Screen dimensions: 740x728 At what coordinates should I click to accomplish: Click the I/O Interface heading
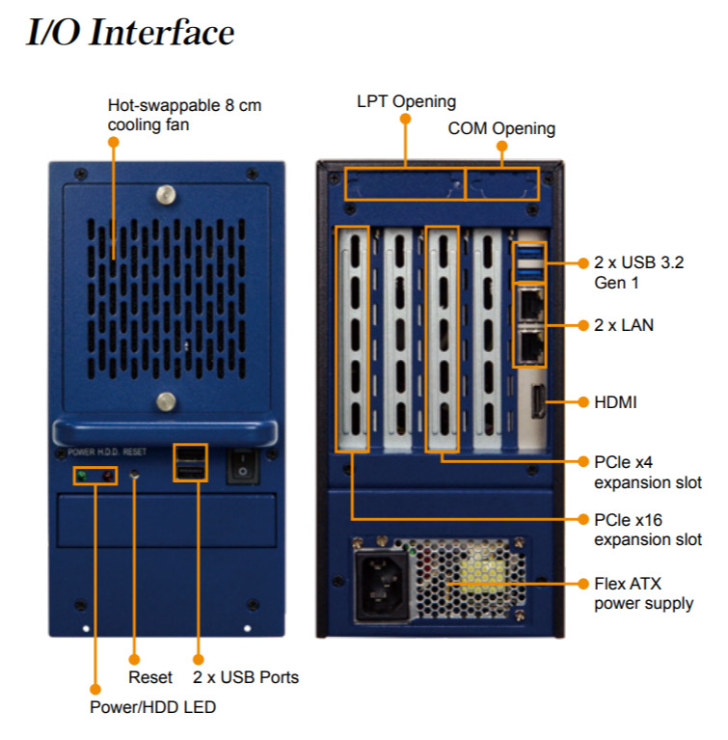tap(130, 32)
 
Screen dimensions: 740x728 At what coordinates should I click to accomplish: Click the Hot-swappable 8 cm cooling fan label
tap(183, 114)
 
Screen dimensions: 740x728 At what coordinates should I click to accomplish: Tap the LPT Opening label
tap(406, 101)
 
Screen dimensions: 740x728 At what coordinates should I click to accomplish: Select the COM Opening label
tap(501, 128)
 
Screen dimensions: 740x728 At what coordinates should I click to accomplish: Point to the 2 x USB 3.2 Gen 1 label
tap(639, 271)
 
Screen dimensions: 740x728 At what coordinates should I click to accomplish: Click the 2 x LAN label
tap(624, 325)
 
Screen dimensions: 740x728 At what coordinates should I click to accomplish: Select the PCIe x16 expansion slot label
tap(647, 530)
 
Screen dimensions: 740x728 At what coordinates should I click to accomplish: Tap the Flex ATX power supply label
tap(643, 593)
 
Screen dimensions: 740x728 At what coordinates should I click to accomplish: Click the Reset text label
tap(150, 677)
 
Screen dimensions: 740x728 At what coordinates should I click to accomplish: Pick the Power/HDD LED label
tap(153, 707)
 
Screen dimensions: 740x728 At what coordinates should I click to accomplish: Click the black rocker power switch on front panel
tap(243, 465)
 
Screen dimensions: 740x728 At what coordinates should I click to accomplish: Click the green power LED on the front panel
tap(83, 476)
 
